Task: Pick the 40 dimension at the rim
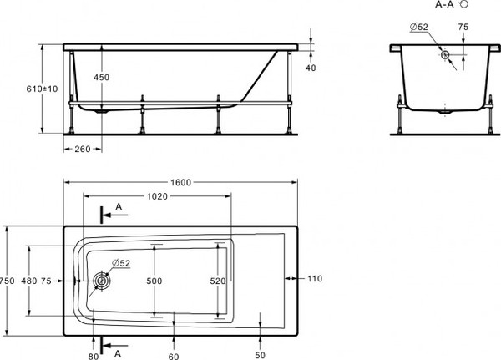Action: coord(311,68)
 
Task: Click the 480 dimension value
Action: coord(29,281)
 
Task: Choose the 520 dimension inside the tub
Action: coord(217,282)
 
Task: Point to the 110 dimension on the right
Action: coord(314,278)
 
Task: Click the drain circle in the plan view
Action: coord(102,281)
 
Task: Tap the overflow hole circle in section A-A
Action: coord(446,55)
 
